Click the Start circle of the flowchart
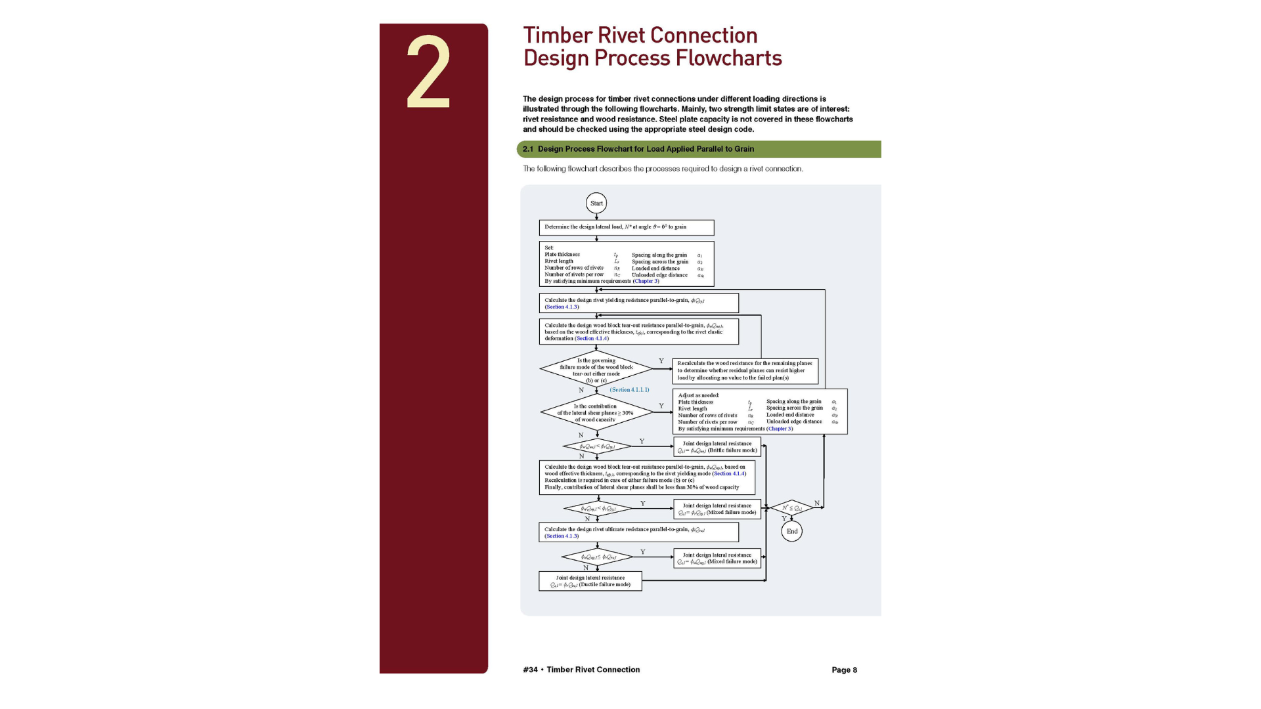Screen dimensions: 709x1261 click(x=596, y=204)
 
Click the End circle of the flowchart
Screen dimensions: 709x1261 click(x=792, y=531)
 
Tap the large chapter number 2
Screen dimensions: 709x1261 click(x=428, y=72)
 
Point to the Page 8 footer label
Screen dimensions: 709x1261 click(x=844, y=670)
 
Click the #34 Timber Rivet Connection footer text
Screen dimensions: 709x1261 click(x=581, y=670)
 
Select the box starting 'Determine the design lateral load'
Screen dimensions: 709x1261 click(x=627, y=227)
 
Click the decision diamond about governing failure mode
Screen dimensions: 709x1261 click(x=596, y=370)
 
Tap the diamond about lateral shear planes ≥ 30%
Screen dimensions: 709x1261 click(x=596, y=413)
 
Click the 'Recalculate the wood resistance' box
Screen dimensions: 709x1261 click(x=745, y=370)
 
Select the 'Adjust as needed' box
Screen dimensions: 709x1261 click(x=760, y=412)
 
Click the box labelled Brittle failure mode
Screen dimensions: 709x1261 click(x=717, y=447)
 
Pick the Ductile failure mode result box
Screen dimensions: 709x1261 click(x=590, y=581)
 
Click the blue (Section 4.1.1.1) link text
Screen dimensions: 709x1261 click(x=629, y=390)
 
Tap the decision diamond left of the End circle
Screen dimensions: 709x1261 click(x=791, y=507)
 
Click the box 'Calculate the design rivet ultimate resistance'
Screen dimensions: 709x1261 click(x=638, y=532)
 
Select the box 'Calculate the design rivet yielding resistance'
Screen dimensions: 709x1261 click(x=638, y=303)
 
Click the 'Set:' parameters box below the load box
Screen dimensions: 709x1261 click(x=627, y=264)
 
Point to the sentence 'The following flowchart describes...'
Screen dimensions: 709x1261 click(x=663, y=169)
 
